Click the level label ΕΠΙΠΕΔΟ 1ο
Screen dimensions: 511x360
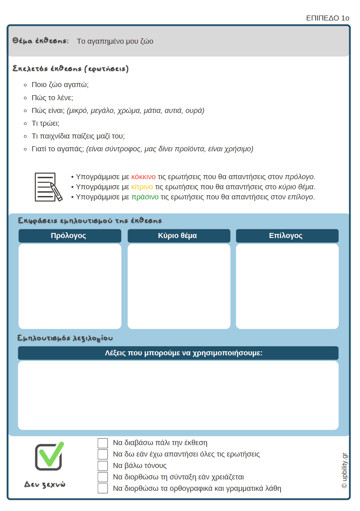point(327,18)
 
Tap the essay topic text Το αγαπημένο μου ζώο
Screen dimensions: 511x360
point(115,41)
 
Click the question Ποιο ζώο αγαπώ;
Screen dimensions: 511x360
point(60,85)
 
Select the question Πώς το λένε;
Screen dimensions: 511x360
point(52,98)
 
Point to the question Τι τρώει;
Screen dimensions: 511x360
point(45,123)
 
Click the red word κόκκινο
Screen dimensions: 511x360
point(143,177)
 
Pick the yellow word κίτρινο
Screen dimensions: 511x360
point(142,187)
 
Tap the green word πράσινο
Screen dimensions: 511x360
point(145,197)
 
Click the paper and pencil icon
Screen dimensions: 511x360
point(48,187)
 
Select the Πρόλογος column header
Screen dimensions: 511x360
point(70,236)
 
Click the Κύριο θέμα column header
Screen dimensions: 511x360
point(179,236)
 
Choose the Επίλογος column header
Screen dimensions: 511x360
point(287,236)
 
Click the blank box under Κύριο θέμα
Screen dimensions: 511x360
point(179,286)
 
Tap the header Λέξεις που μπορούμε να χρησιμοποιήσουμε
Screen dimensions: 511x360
point(178,353)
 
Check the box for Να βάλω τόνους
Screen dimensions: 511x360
point(103,466)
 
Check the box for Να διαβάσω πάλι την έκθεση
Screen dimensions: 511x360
point(103,443)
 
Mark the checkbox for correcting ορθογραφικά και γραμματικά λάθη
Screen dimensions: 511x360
point(103,488)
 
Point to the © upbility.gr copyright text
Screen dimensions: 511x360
point(344,470)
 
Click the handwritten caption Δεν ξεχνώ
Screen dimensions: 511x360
point(45,484)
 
